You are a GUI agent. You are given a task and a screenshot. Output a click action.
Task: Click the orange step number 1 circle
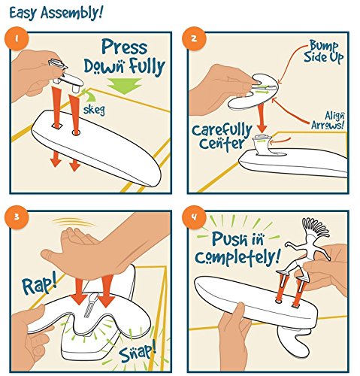(17, 38)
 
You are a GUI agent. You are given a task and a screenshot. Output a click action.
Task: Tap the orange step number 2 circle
(194, 38)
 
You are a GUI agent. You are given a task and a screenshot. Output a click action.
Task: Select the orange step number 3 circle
(17, 217)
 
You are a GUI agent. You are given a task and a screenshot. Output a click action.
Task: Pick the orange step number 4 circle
(194, 217)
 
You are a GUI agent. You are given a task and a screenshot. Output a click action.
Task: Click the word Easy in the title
(24, 13)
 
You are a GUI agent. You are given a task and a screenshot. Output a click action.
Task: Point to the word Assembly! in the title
(72, 13)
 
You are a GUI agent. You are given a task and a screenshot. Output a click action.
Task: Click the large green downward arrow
(124, 86)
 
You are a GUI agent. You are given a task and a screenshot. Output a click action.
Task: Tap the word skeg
(94, 110)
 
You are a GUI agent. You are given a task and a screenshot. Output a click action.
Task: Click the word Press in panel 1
(125, 47)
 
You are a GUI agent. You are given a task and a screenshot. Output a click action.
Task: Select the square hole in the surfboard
(56, 126)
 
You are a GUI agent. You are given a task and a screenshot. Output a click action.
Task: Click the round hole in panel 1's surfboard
(76, 132)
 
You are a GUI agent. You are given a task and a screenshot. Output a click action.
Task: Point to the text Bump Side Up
(323, 51)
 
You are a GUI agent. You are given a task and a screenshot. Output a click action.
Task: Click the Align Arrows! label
(328, 120)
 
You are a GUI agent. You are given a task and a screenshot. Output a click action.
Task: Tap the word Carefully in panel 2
(222, 131)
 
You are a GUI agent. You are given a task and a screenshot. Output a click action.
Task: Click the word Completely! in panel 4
(237, 256)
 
